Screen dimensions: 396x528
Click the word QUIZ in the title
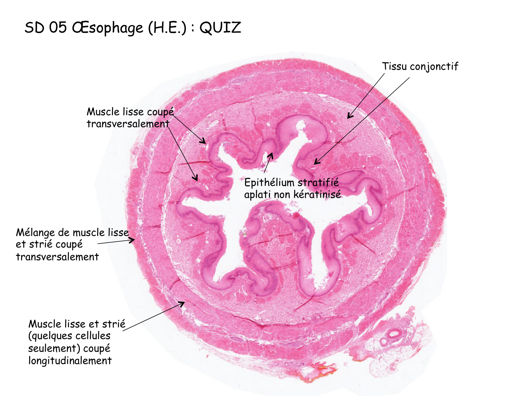pyautogui.click(x=220, y=28)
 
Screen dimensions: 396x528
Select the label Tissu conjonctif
pyautogui.click(x=420, y=67)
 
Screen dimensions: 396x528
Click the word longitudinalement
pyautogui.click(x=70, y=361)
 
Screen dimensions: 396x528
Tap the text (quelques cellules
pyautogui.click(x=69, y=336)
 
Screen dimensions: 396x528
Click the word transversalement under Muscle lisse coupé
pyautogui.click(x=128, y=124)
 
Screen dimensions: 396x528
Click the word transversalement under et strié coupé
pyautogui.click(x=57, y=257)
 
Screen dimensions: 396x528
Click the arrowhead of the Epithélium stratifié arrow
pyautogui.click(x=271, y=154)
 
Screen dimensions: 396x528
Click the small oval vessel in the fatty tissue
pyautogui.click(x=394, y=333)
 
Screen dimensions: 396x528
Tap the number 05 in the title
pyautogui.click(x=58, y=28)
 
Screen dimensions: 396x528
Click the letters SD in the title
pyautogui.click(x=34, y=28)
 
